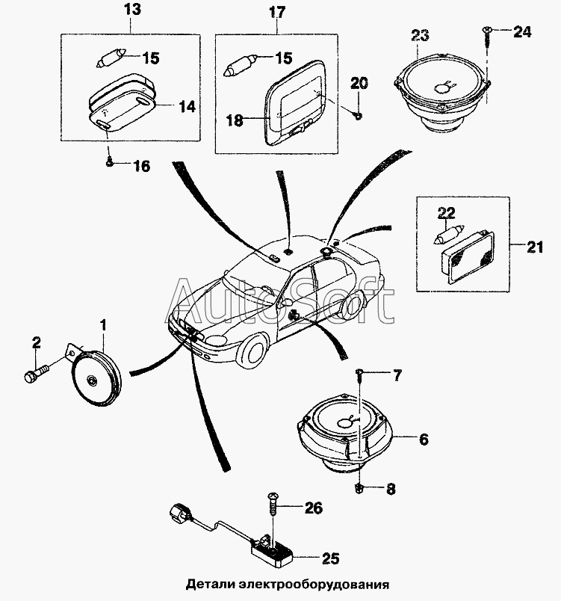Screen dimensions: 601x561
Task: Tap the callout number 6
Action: click(423, 440)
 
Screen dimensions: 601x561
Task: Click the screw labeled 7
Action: click(360, 372)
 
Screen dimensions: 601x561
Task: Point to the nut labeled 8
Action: click(359, 488)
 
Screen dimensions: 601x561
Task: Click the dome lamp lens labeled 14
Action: click(123, 105)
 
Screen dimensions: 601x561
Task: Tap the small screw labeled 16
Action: click(109, 160)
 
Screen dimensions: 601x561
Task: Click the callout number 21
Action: click(534, 247)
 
